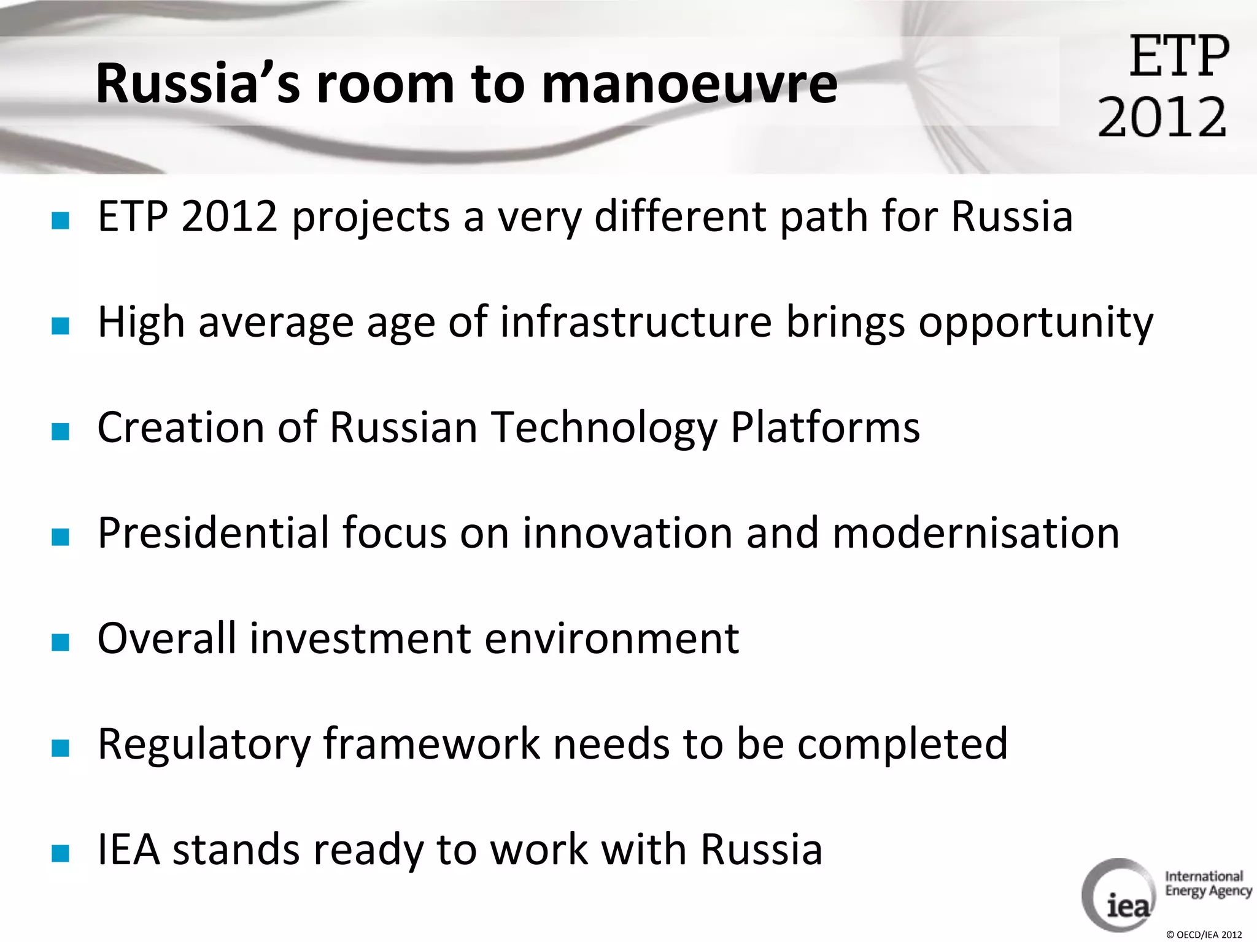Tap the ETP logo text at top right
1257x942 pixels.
pos(1179,56)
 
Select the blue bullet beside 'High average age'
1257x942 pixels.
pos(60,326)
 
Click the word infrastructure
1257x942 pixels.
pos(635,322)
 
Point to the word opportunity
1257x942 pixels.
pos(1035,323)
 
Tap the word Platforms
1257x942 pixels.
pos(825,427)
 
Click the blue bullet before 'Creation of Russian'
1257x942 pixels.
pos(60,431)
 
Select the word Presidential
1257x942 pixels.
pos(213,532)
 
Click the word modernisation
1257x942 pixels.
pos(976,532)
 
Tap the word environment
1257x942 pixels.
pos(611,638)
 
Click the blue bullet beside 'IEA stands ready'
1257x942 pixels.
pos(60,853)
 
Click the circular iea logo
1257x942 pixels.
pos(1118,895)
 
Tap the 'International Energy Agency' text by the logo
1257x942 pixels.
pos(1207,884)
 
